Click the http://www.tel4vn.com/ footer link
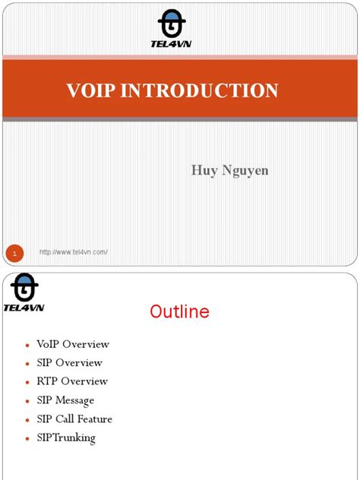74,252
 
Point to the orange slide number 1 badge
14,252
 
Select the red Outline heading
179,311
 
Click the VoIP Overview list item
73,344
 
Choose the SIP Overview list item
69,363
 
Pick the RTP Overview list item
72,381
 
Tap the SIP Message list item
65,400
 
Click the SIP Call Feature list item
74,419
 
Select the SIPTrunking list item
66,437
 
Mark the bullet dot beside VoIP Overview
27,346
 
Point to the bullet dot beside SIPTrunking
27,439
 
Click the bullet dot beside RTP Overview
27,383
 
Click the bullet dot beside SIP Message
27,402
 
